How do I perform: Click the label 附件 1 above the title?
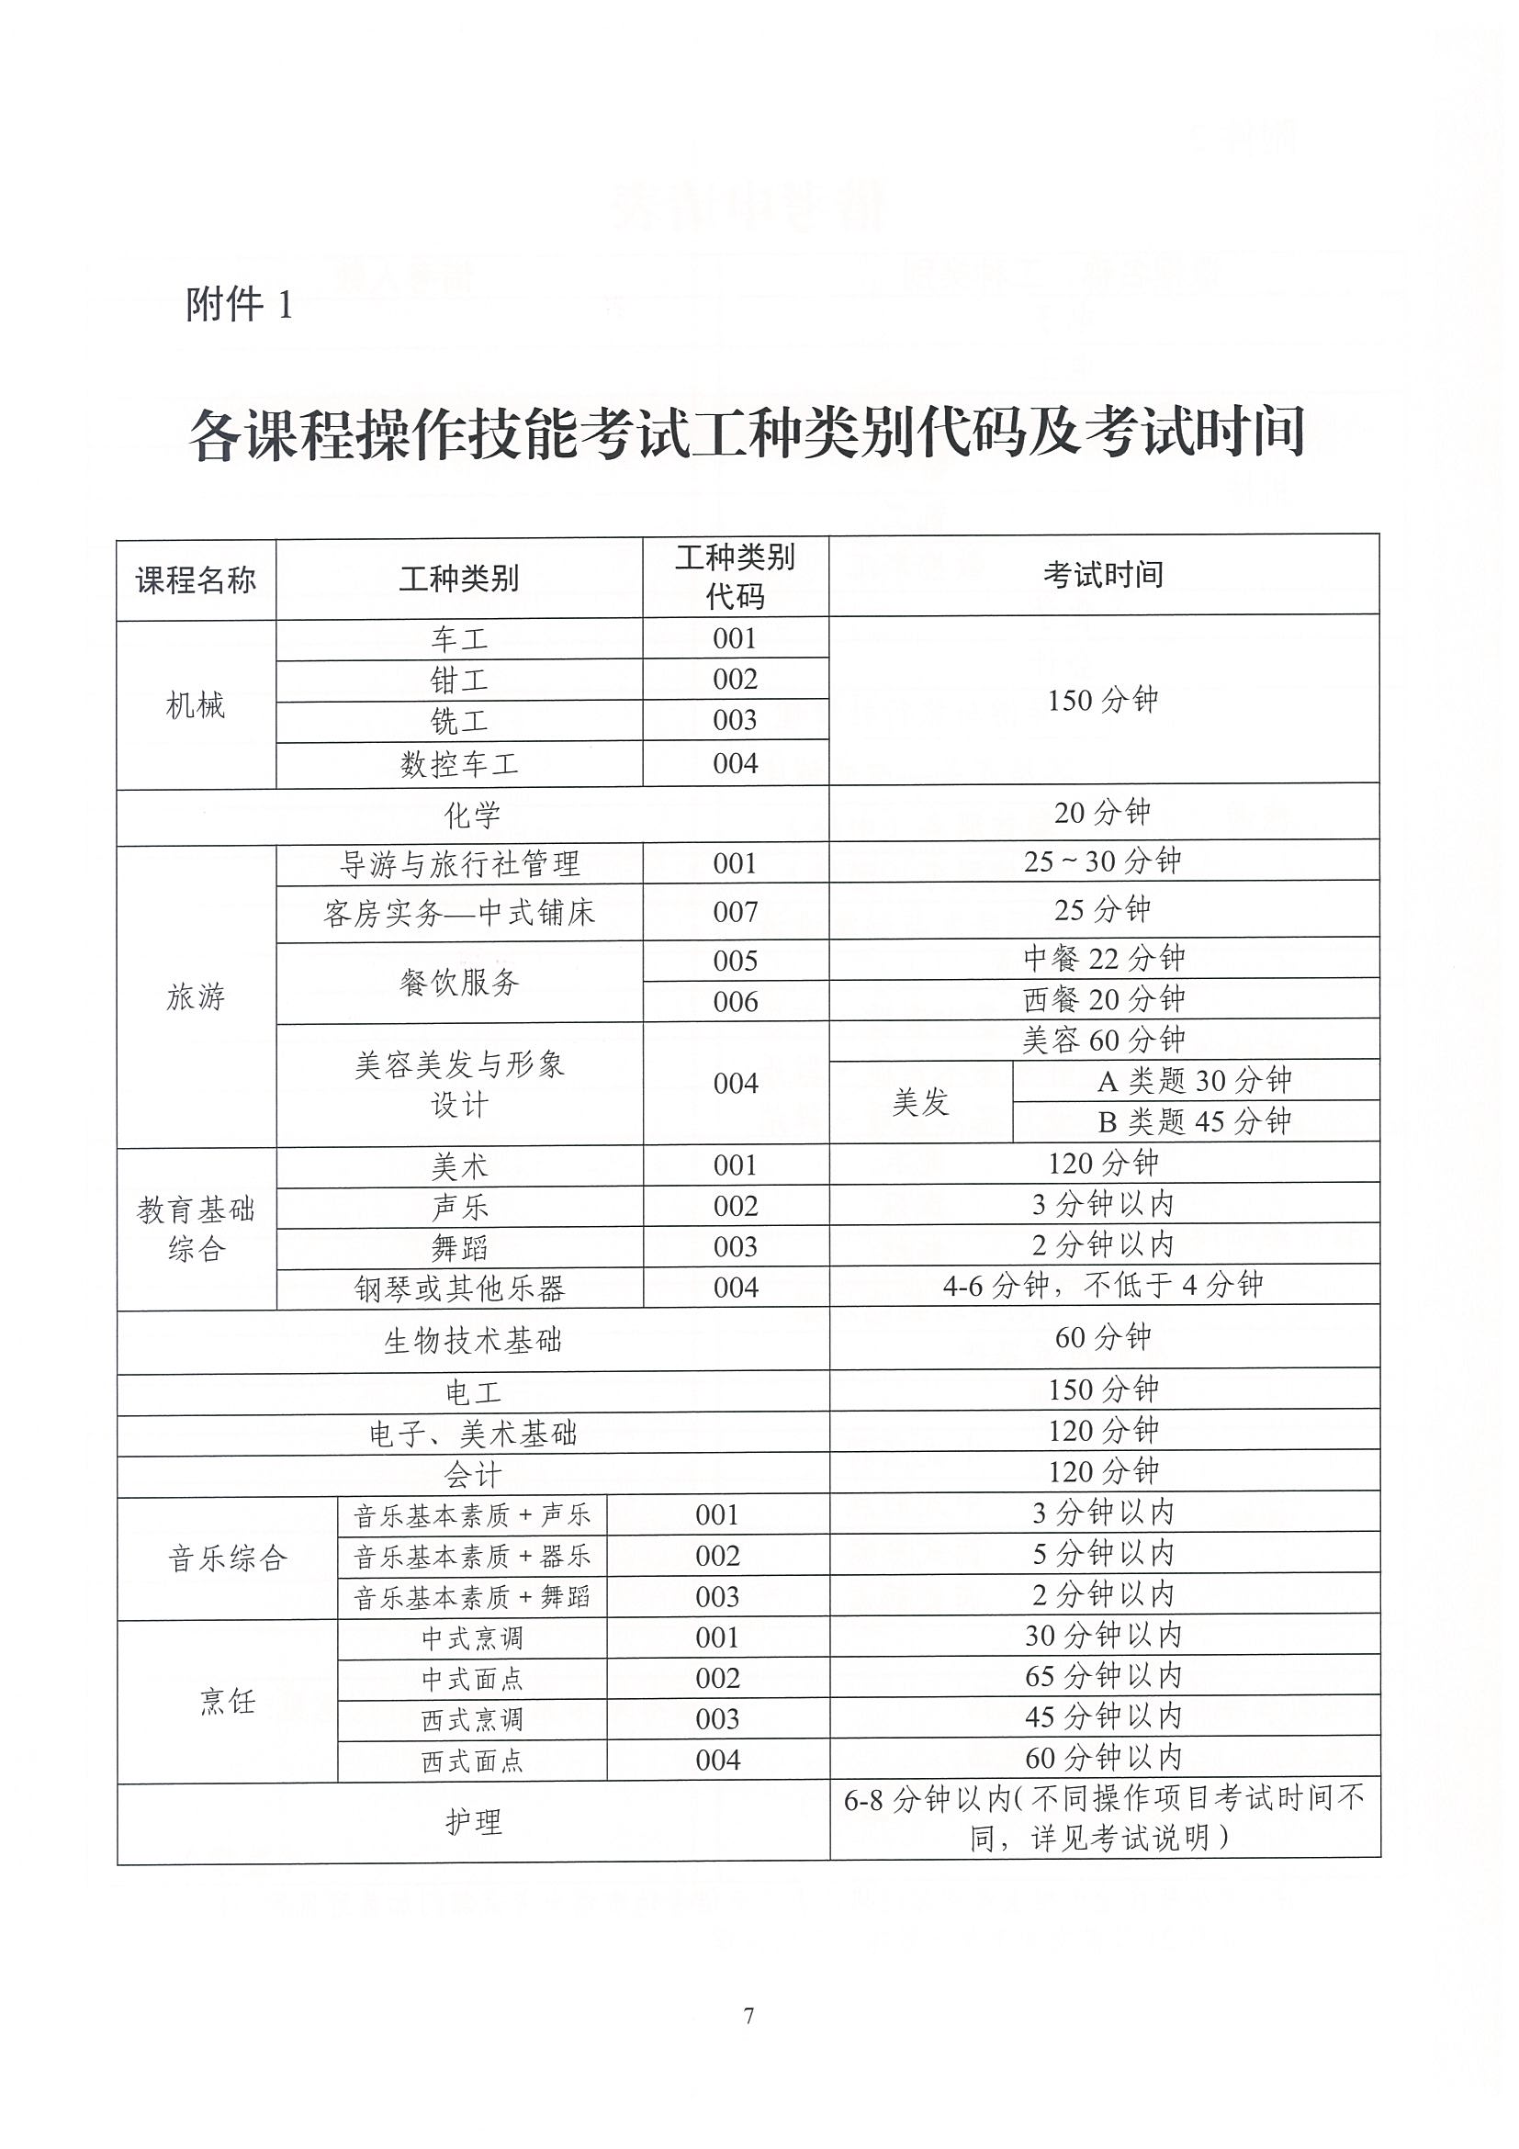(x=240, y=304)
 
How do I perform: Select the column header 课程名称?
(x=196, y=580)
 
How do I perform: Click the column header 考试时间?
(x=1104, y=575)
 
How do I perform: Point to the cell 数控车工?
(x=458, y=765)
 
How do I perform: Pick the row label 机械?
(x=196, y=704)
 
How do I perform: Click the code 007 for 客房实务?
(x=735, y=912)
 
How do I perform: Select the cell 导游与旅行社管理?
(x=458, y=864)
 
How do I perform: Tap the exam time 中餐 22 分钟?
(x=1104, y=958)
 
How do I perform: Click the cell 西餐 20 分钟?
(x=1104, y=999)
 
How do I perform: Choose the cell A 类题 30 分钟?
(x=1194, y=1081)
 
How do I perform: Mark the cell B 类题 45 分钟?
(x=1194, y=1121)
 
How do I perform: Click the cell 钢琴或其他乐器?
(x=458, y=1288)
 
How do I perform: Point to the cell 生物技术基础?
(x=473, y=1340)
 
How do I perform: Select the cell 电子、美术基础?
(x=473, y=1433)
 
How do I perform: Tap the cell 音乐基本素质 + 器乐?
(x=472, y=1556)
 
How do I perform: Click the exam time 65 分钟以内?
(x=1104, y=1675)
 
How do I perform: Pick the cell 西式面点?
(x=472, y=1761)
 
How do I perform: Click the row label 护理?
(x=473, y=1820)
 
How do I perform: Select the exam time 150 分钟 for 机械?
(x=1104, y=699)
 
